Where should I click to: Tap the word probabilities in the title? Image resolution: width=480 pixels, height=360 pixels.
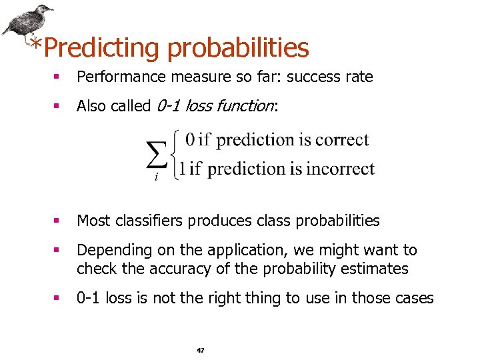(x=239, y=48)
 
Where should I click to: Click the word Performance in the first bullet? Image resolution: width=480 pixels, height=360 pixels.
(x=121, y=77)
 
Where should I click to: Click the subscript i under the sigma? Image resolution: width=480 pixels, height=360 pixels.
(x=157, y=178)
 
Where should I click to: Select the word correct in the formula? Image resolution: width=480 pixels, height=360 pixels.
(x=342, y=140)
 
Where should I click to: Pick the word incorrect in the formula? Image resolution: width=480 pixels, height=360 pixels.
(x=341, y=169)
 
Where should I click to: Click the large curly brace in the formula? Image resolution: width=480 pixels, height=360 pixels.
(x=178, y=155)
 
